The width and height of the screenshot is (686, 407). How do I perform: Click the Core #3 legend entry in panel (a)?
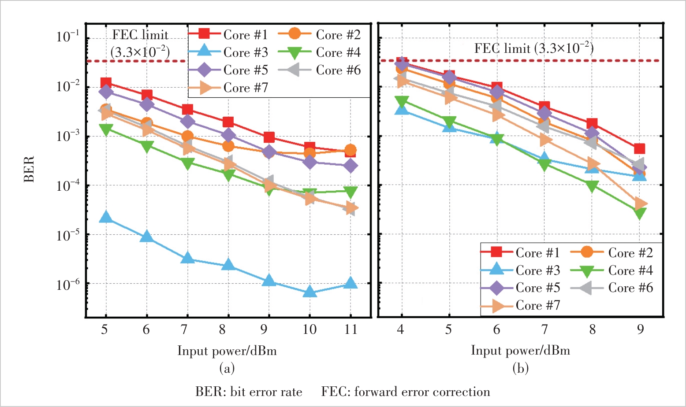tap(229, 52)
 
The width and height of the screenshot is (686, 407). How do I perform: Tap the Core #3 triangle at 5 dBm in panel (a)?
tap(106, 217)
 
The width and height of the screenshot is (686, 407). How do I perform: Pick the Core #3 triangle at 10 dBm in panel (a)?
tap(309, 292)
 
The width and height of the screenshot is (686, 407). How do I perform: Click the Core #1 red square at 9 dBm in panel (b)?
tap(640, 149)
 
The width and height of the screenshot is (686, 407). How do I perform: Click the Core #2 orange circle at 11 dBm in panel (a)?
tap(350, 150)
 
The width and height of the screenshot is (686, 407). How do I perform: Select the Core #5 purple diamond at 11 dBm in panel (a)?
tap(350, 166)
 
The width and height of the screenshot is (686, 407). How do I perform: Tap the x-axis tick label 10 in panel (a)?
tap(309, 329)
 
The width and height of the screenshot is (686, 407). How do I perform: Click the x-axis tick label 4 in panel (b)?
tap(400, 329)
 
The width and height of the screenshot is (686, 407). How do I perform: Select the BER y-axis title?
tap(29, 169)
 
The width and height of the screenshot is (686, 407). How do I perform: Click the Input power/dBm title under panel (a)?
tap(227, 351)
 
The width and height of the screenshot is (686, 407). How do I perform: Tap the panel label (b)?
tap(520, 368)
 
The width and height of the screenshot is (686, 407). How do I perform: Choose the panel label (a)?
tap(227, 368)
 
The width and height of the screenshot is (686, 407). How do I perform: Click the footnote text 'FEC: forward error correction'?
tap(406, 392)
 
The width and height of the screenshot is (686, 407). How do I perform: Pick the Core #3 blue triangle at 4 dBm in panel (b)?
tap(401, 108)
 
